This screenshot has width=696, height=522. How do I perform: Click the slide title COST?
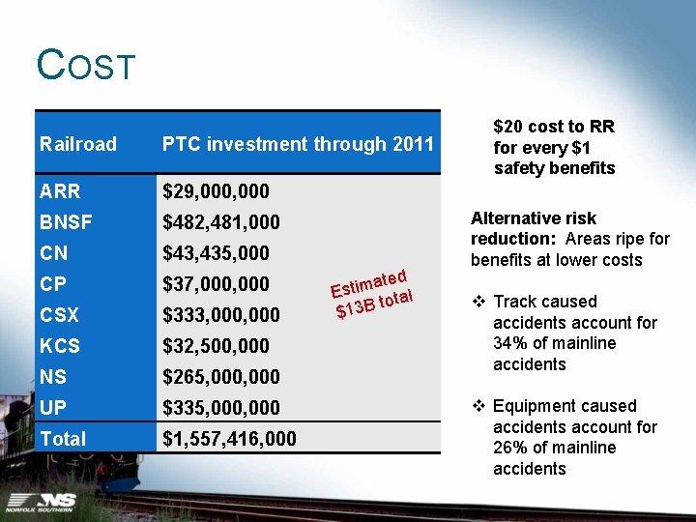coord(86,66)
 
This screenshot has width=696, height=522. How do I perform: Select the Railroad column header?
coord(78,145)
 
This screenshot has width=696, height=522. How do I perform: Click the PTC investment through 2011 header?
coord(298,145)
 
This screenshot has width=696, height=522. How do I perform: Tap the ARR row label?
coord(60,191)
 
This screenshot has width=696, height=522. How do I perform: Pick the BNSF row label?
coord(66,222)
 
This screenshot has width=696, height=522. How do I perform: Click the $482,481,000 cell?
coord(220,222)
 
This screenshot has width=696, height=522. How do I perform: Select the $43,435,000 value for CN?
coord(216,253)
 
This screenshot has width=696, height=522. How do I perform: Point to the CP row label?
coord(54,284)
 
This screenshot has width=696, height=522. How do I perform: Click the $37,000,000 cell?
coord(216,284)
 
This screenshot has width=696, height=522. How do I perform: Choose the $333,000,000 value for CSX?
coord(220,315)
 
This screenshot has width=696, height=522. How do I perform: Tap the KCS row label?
coord(60,346)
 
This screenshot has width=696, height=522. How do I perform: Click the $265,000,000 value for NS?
coord(220,377)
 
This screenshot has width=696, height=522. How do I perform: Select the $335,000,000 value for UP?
coord(220,408)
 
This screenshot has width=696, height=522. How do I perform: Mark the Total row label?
coord(63,439)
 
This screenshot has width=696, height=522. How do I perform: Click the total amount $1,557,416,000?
coord(229,439)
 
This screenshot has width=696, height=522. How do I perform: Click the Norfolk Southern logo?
coord(42,502)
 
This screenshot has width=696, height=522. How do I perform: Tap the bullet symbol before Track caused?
coord(478,302)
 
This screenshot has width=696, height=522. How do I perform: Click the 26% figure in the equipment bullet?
coord(510,448)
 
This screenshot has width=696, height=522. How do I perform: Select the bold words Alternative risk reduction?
coord(534,228)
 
